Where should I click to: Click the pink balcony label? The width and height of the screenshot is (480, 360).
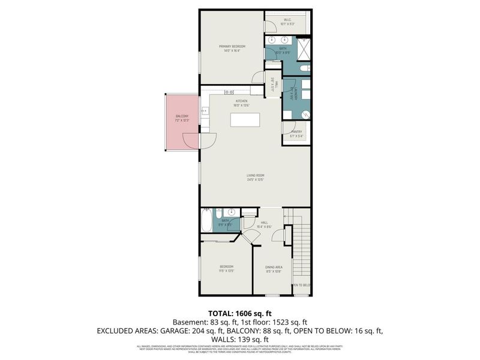pos(182,118)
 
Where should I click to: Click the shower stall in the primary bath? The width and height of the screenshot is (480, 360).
pos(305,47)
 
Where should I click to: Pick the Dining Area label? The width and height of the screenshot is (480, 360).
pos(274,268)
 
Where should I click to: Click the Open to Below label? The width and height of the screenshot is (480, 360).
pos(301,285)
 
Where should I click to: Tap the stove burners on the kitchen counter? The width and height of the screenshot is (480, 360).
pos(229,92)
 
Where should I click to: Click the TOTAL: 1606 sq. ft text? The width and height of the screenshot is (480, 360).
pos(239,314)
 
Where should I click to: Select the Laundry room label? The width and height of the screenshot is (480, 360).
pos(292,96)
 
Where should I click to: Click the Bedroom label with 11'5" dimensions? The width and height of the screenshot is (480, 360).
pos(226,268)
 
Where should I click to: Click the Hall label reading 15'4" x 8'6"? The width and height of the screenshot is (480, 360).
pos(264,224)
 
